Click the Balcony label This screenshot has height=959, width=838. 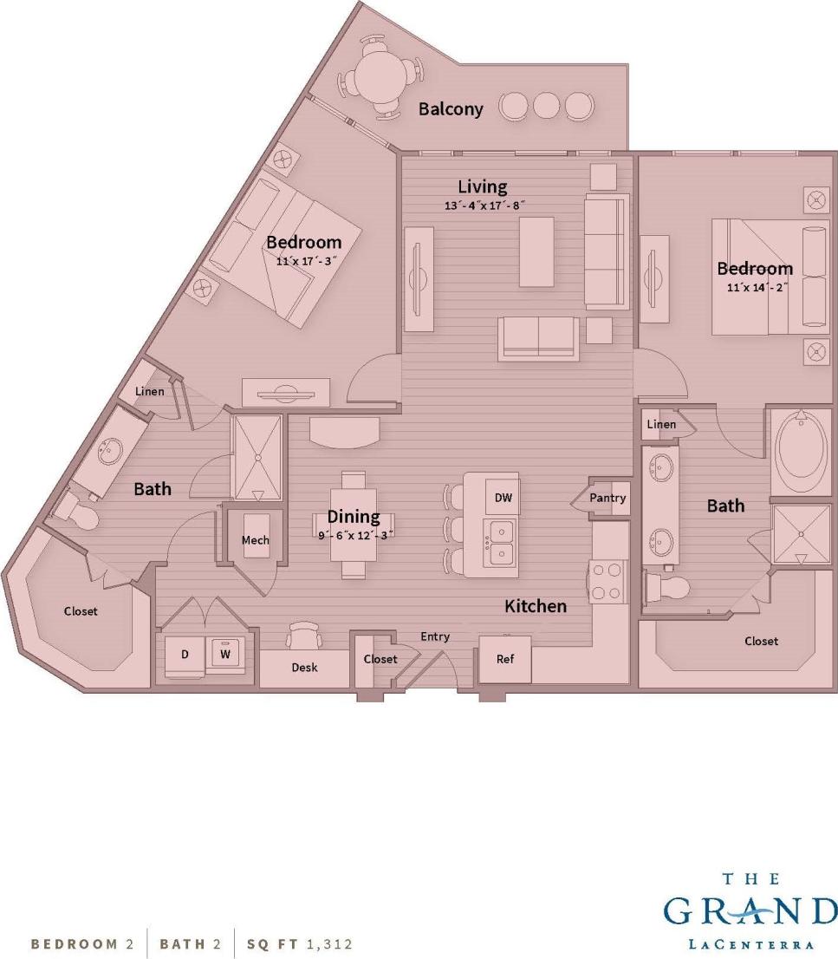pyautogui.click(x=451, y=109)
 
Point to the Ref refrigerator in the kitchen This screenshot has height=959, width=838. pyautogui.click(x=504, y=659)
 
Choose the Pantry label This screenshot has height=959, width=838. pyautogui.click(x=607, y=499)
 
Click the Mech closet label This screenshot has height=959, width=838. pyautogui.click(x=255, y=540)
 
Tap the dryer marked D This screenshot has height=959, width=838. pyautogui.click(x=185, y=655)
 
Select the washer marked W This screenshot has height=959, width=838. pyautogui.click(x=225, y=655)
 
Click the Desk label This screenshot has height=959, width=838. pyautogui.click(x=304, y=668)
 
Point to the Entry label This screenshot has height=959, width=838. pyautogui.click(x=435, y=636)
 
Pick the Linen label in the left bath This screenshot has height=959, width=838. pyautogui.click(x=149, y=392)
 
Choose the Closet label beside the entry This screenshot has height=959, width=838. pyautogui.click(x=380, y=659)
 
